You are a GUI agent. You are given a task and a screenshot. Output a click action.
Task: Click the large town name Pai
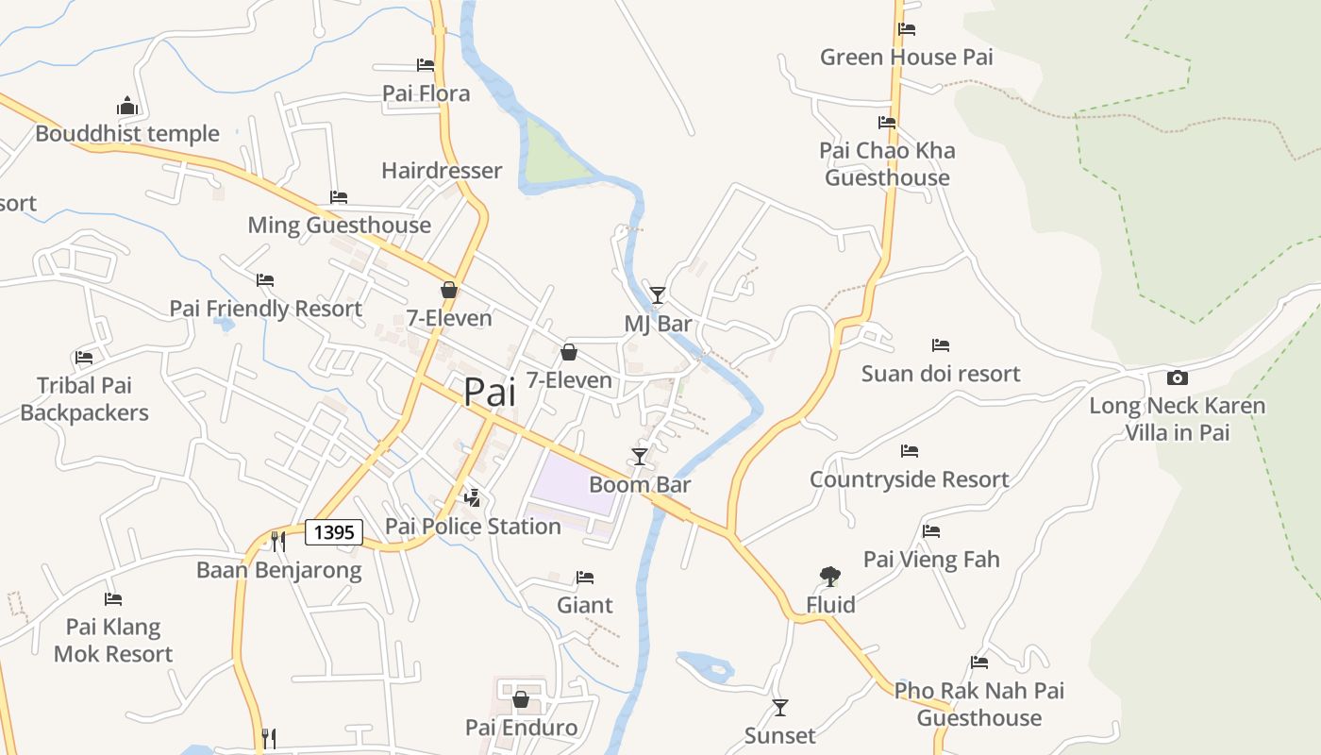[x=490, y=392]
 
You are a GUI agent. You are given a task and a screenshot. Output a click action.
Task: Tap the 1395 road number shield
[x=334, y=532]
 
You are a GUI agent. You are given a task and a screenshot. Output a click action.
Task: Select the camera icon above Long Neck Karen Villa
[x=1177, y=377]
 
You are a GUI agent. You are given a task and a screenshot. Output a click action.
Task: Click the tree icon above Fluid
[x=830, y=576]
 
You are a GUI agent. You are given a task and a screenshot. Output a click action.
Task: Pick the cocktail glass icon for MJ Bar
[x=658, y=294]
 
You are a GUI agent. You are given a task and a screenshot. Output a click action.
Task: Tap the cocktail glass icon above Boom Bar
[x=640, y=457]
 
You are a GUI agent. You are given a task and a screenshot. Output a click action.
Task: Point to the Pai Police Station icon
[x=473, y=497]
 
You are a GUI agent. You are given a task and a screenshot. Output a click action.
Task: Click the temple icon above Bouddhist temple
[x=127, y=105]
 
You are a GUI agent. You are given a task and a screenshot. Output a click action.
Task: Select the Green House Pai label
[x=906, y=57]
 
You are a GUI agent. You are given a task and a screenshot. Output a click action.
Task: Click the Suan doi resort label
[x=940, y=374]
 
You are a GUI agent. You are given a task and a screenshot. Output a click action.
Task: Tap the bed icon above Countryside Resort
[x=910, y=451]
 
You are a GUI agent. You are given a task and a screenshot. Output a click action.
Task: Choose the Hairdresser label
[x=442, y=171]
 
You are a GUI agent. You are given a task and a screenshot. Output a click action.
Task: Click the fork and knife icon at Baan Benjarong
[x=277, y=541]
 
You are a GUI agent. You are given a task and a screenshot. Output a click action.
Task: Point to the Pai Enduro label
[x=521, y=728]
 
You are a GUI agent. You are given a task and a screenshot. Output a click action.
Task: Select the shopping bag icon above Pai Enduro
[x=520, y=699]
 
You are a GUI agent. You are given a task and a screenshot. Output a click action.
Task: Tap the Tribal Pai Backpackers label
[x=85, y=399]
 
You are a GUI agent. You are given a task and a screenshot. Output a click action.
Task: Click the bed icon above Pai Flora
[x=426, y=65]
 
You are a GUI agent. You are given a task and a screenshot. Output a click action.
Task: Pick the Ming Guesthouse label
[x=339, y=226]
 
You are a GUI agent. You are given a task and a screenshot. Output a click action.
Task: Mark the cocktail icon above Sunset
[x=780, y=707]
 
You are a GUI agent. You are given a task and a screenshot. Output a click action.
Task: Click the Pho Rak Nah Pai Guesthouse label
[x=979, y=704]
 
